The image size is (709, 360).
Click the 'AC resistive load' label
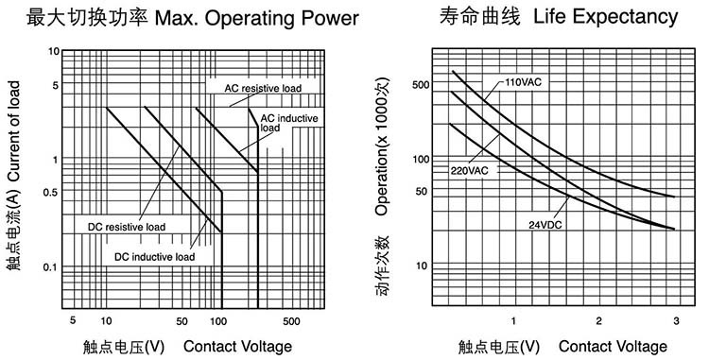[x=263, y=88]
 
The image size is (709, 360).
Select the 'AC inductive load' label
[x=289, y=123]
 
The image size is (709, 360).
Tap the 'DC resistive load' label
[x=127, y=227]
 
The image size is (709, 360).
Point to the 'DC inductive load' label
[x=155, y=257]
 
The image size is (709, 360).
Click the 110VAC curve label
[x=523, y=82]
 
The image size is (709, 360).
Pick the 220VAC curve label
[x=469, y=171]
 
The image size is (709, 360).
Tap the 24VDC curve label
[x=545, y=225]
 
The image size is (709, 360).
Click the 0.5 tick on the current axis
[x=51, y=193]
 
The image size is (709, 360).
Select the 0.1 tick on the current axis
[x=50, y=267]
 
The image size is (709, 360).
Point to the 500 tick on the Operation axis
[x=421, y=85]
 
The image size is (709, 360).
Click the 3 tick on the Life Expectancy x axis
[x=677, y=321]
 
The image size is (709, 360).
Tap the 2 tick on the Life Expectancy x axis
[x=598, y=321]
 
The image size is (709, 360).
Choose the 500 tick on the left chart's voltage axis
[x=291, y=321]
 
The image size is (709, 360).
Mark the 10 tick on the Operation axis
[x=422, y=266]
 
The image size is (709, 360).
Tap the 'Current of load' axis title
[x=14, y=131]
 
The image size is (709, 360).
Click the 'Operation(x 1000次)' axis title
[x=382, y=146]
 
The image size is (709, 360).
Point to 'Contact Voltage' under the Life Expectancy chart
[x=613, y=347]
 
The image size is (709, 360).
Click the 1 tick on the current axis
[x=56, y=160]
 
